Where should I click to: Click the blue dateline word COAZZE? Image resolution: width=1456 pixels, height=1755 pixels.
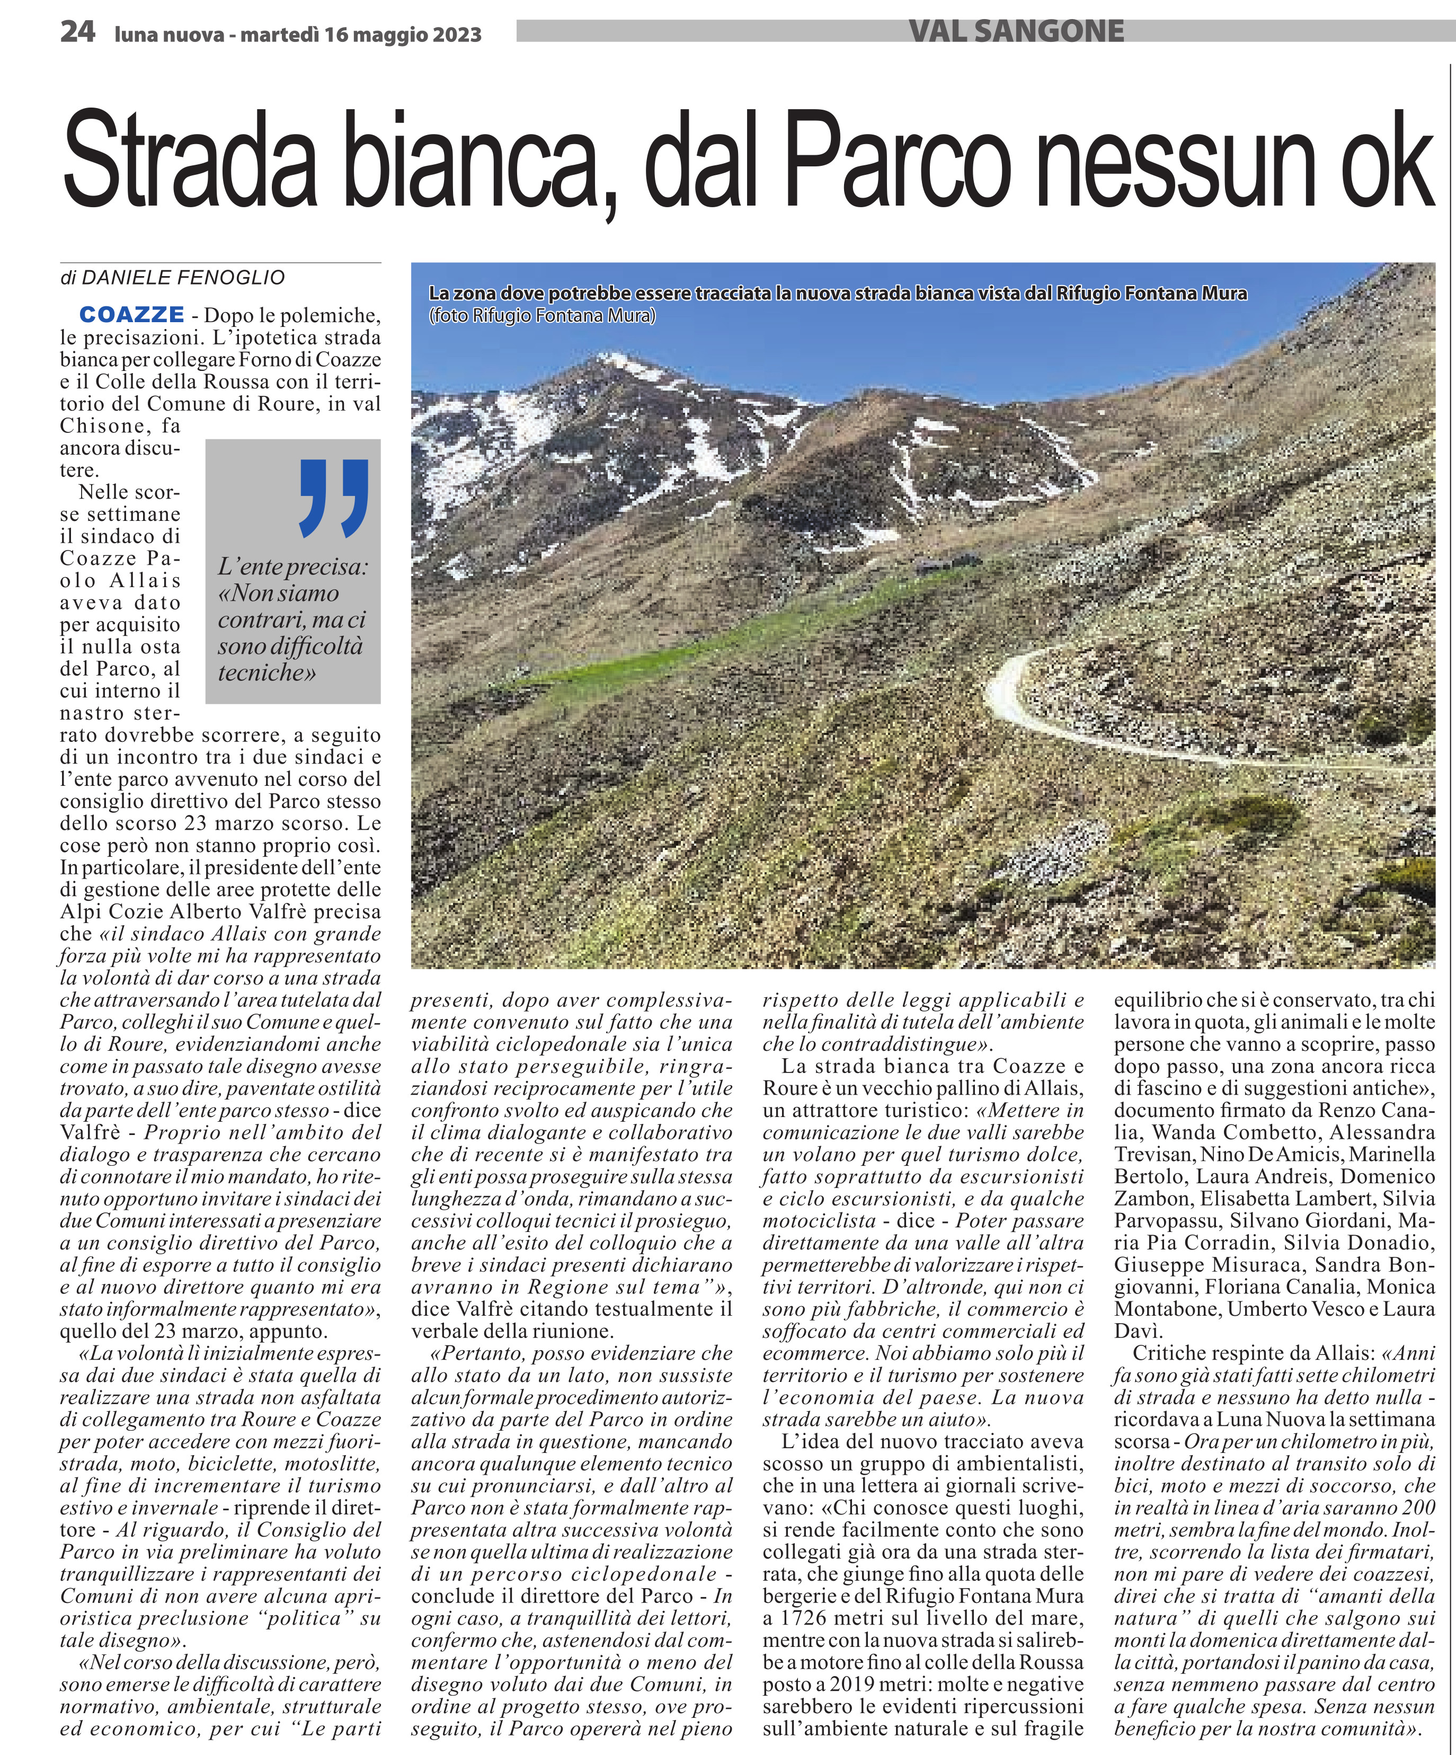tap(132, 315)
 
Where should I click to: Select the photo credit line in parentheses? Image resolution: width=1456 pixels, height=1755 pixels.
tap(543, 316)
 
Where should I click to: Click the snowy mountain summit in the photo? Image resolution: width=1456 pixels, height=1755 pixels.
tap(616, 361)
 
